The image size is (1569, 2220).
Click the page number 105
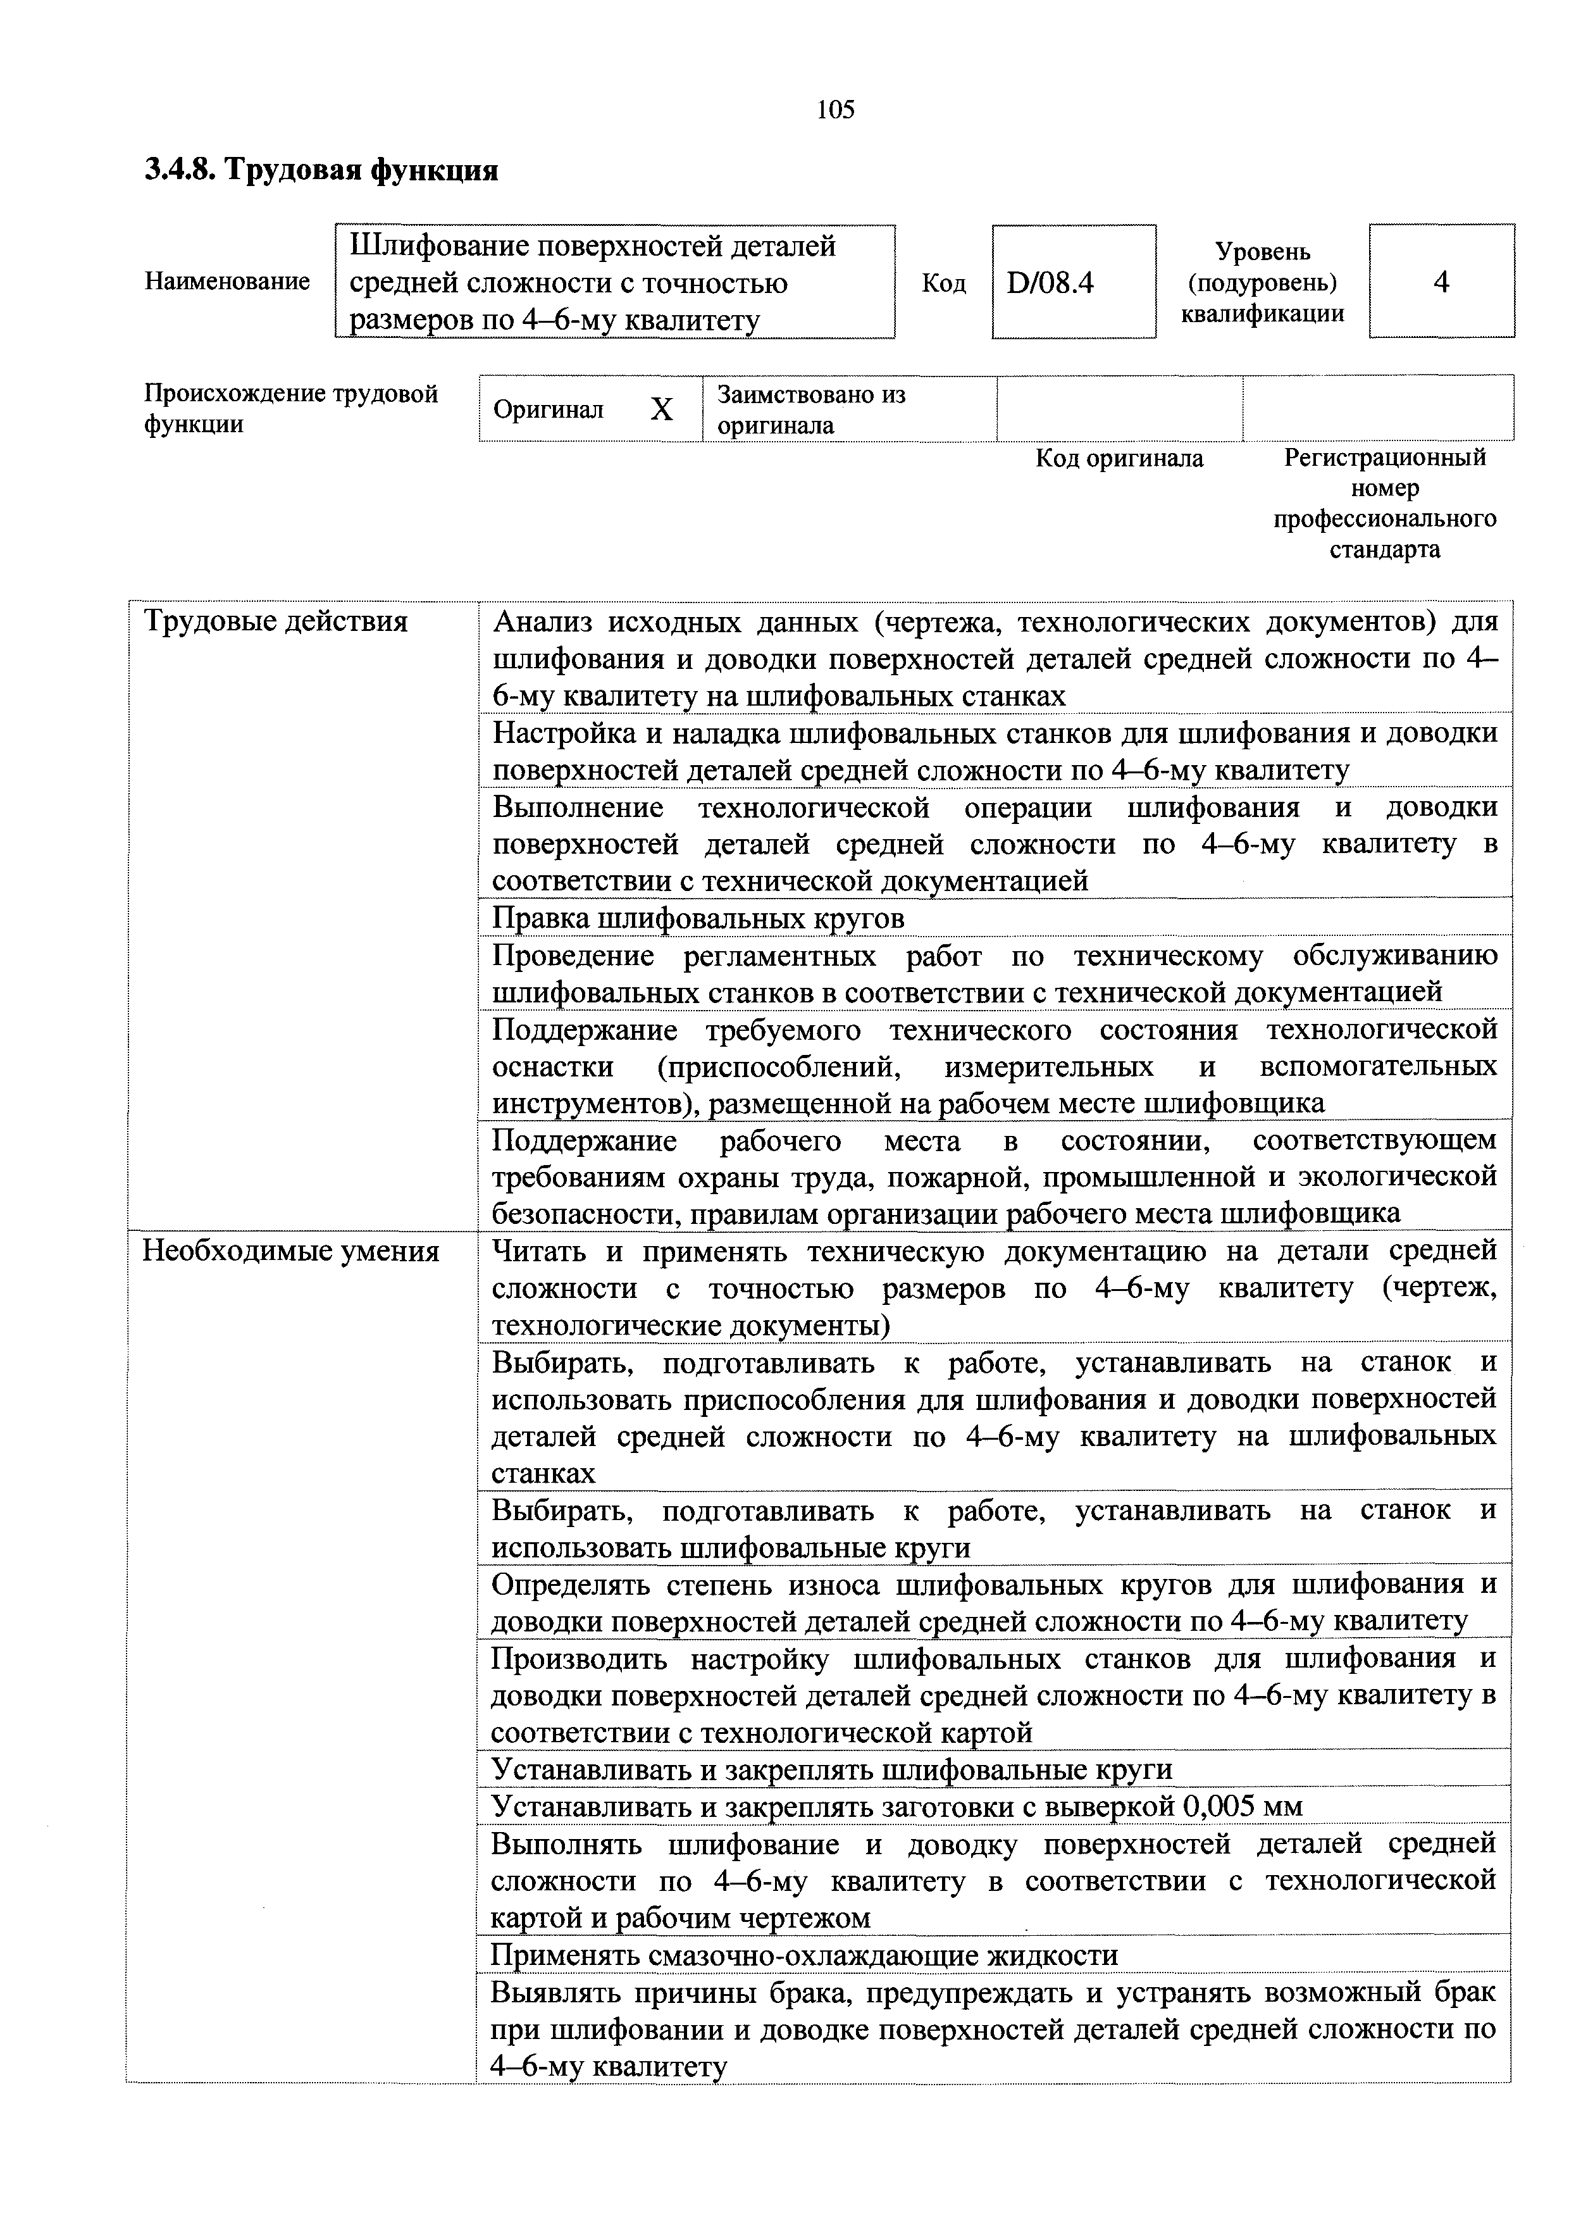click(835, 110)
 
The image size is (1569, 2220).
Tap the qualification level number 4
click(1441, 282)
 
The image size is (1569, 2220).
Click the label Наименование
click(227, 282)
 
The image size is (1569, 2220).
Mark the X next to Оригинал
click(660, 410)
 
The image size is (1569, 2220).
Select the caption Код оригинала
click(1119, 458)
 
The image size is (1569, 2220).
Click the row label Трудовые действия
click(275, 621)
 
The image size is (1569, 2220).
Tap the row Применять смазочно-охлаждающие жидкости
click(804, 1954)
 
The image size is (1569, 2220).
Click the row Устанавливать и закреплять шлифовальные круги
click(831, 1768)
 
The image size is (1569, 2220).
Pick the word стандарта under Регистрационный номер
click(1384, 550)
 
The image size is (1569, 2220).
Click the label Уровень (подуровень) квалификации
click(1263, 282)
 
